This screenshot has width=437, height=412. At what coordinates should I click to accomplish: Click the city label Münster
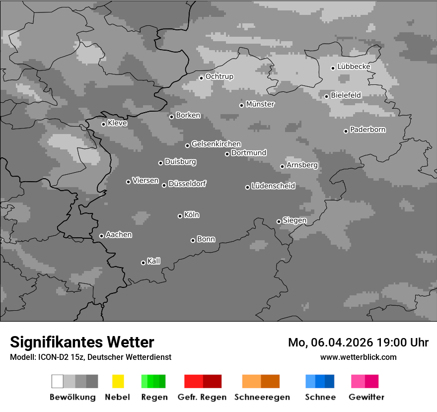[x=260, y=104]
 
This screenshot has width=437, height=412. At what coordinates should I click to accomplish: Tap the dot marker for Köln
[x=180, y=216]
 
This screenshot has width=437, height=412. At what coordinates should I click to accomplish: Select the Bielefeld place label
[x=346, y=95]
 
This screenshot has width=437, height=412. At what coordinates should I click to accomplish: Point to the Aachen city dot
[x=101, y=236]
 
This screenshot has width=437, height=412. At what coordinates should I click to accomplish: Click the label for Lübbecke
[x=354, y=67]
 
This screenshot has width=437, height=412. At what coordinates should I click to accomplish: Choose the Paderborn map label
[x=367, y=130]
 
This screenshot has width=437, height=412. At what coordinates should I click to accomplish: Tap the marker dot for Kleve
[x=103, y=124]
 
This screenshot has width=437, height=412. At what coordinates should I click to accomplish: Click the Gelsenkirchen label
[x=216, y=144]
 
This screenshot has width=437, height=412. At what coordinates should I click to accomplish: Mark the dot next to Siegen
[x=279, y=221]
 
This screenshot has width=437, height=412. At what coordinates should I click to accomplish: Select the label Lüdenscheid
[x=273, y=186]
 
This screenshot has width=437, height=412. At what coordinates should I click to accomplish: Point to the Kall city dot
[x=143, y=263]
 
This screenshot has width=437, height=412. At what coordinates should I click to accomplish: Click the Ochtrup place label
[x=219, y=76]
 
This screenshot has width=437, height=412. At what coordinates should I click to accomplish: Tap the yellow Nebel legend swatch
[x=118, y=381]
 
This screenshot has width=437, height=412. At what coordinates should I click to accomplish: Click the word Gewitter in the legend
[x=366, y=397]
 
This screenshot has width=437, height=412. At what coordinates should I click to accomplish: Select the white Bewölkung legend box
[x=58, y=381]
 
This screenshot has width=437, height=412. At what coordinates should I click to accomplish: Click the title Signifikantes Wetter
[x=82, y=342]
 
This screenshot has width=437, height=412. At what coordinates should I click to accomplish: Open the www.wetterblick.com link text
[x=358, y=357]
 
